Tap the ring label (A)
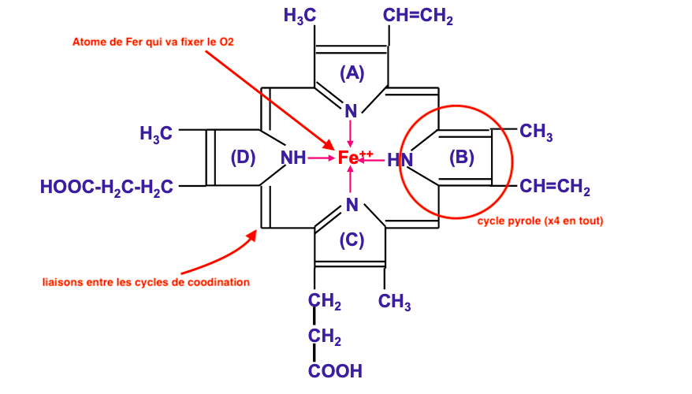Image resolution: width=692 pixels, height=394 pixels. pyautogui.click(x=352, y=73)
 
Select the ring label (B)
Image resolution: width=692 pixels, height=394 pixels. pyautogui.click(x=461, y=158)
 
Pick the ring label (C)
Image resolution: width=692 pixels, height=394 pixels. pyautogui.click(x=352, y=240)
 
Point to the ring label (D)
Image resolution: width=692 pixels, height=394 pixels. pyautogui.click(x=243, y=158)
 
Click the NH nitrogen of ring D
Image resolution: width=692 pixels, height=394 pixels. pyautogui.click(x=293, y=158)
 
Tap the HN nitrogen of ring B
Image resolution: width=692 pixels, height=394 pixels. pyautogui.click(x=400, y=160)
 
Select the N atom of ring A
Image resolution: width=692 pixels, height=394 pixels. pyautogui.click(x=352, y=111)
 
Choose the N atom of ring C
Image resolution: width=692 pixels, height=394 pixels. pyautogui.click(x=352, y=205)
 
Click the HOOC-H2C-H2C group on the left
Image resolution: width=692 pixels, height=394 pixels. pyautogui.click(x=106, y=188)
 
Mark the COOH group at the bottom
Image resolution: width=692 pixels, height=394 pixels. pyautogui.click(x=335, y=370)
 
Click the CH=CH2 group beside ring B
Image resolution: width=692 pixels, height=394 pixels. pyautogui.click(x=555, y=188)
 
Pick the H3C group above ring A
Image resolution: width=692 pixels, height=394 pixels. pyautogui.click(x=299, y=17)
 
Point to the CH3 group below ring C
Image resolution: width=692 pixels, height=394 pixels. pyautogui.click(x=394, y=301)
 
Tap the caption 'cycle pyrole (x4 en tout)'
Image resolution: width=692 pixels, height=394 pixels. pyautogui.click(x=540, y=221)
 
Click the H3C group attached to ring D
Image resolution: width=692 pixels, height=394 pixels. pyautogui.click(x=156, y=134)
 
